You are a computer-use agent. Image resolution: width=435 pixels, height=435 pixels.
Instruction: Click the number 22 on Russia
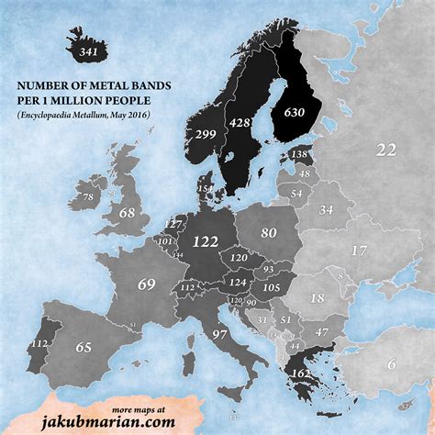pyautogui.click(x=385, y=151)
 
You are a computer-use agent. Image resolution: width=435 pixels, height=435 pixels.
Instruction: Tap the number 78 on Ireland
pyautogui.click(x=88, y=196)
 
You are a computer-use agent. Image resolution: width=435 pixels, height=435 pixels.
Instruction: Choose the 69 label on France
pyautogui.click(x=148, y=284)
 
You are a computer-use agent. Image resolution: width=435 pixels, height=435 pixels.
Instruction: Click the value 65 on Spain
pyautogui.click(x=84, y=347)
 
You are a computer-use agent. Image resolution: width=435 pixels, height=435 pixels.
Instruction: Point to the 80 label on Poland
pyautogui.click(x=268, y=233)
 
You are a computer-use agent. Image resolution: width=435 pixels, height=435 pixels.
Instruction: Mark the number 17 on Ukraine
pyautogui.click(x=360, y=250)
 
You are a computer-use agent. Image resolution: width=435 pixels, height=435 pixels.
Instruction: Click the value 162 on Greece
pyautogui.click(x=299, y=374)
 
